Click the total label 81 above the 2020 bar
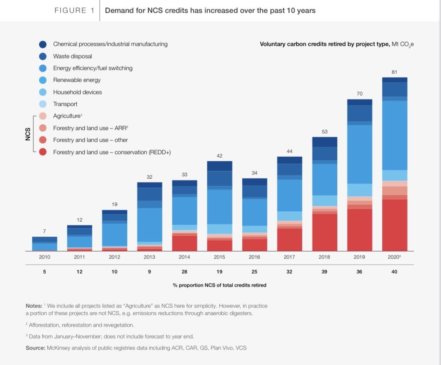(394, 72)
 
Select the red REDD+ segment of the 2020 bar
(394, 225)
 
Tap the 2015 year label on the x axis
(219, 257)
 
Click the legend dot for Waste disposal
(42, 56)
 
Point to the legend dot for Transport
(42, 104)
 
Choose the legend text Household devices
(78, 92)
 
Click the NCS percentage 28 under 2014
(184, 272)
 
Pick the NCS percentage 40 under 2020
(394, 272)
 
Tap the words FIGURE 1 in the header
(70, 11)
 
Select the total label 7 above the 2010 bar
(44, 231)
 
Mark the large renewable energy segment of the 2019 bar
(359, 154)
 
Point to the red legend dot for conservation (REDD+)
(42, 152)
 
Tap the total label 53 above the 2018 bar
(324, 131)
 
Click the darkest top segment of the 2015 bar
(219, 166)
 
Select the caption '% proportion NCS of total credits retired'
(219, 285)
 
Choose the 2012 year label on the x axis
(115, 257)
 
